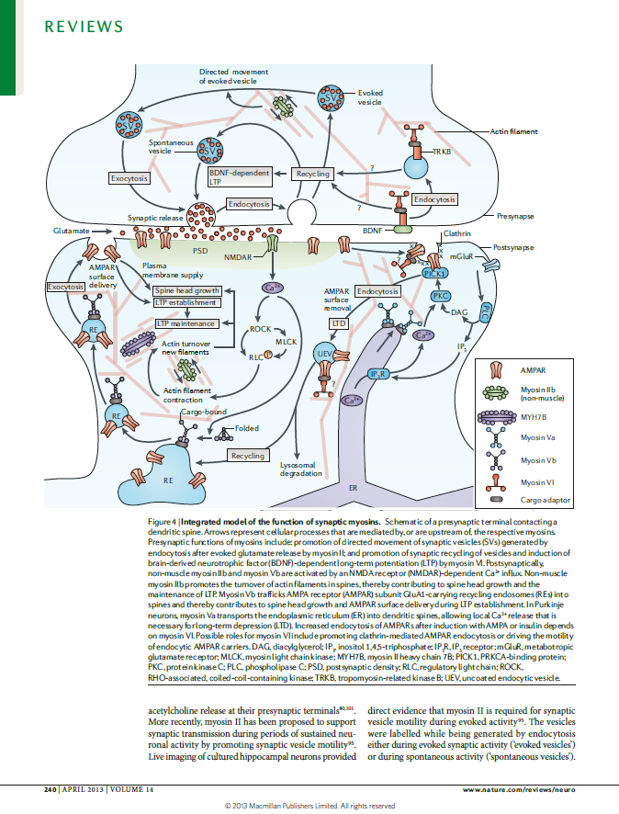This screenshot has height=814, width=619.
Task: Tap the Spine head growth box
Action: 187,291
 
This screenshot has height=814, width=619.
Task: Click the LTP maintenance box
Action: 186,323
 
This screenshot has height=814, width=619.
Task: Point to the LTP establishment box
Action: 186,302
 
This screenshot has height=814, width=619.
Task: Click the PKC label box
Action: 441,296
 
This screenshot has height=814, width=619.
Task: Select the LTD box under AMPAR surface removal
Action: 339,323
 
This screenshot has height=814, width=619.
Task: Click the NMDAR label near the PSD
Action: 237,256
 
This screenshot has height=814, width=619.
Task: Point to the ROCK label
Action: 262,327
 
